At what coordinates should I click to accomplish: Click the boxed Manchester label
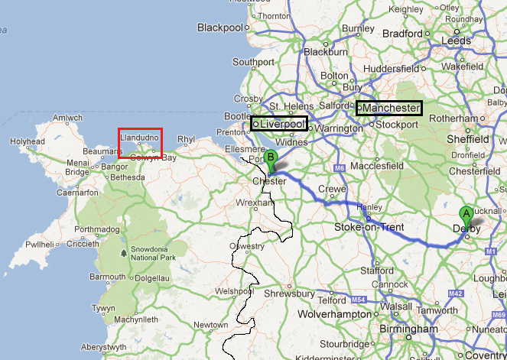(x=389, y=109)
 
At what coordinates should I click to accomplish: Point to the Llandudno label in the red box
(x=140, y=137)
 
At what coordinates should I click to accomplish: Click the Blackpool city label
(x=220, y=28)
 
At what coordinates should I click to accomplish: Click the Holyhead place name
(x=27, y=141)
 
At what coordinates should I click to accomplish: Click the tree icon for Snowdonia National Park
(x=124, y=252)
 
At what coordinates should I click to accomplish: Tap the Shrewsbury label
(x=289, y=293)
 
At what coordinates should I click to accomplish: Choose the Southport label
(x=253, y=62)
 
